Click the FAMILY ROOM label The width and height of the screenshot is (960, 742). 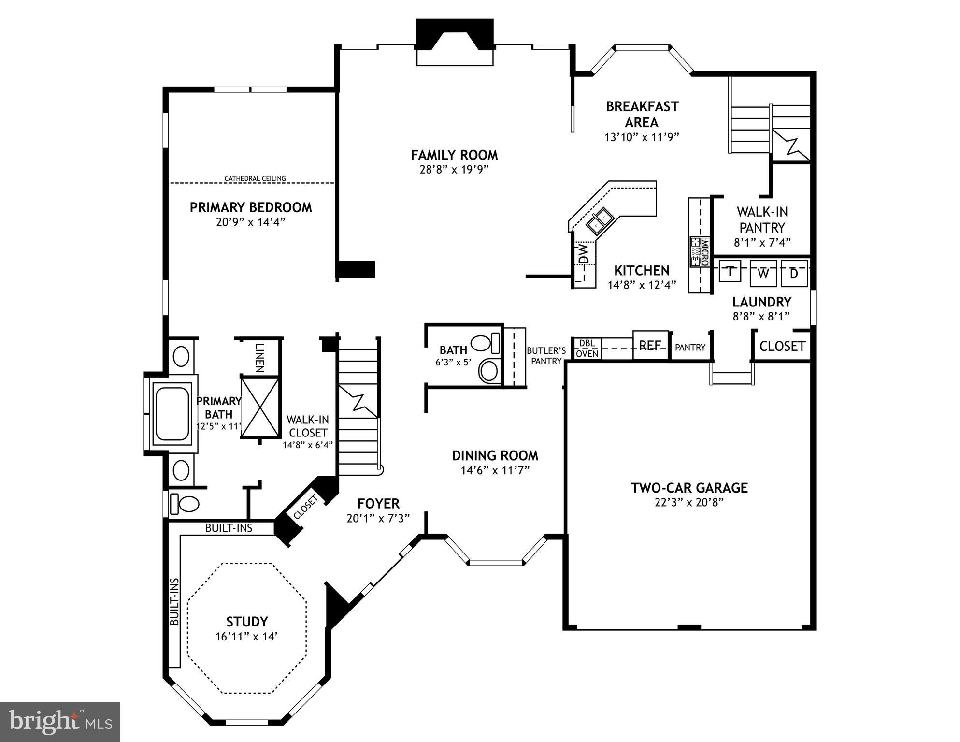tap(454, 155)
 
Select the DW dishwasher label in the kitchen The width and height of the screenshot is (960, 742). tap(584, 253)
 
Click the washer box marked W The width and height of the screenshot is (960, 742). tap(763, 274)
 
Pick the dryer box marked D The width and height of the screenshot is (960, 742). tap(794, 274)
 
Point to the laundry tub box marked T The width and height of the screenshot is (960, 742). tap(731, 272)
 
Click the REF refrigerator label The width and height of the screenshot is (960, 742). tap(650, 346)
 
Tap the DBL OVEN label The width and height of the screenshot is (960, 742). tap(587, 349)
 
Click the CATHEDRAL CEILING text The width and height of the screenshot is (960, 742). tap(255, 179)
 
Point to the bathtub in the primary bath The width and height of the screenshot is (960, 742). tap(172, 413)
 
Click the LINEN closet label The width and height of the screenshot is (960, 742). tap(259, 357)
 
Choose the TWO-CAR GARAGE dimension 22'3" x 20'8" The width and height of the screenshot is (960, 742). tap(688, 502)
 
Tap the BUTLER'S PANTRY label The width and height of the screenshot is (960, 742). tap(546, 356)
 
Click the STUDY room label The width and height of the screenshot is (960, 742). tap(247, 622)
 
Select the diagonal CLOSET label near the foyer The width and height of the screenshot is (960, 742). tap(305, 508)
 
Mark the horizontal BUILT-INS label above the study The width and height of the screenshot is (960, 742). tap(229, 528)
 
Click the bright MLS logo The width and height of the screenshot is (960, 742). tap(60, 722)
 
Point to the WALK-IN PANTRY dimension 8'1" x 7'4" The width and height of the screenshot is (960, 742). tap(762, 243)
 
